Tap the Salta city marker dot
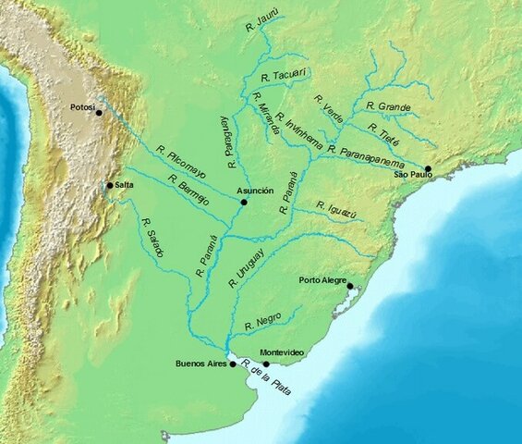click(110, 186)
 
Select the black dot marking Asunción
click(244, 202)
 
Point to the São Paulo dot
click(428, 169)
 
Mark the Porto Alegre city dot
click(350, 287)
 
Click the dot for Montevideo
click(266, 364)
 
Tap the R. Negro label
click(262, 322)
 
